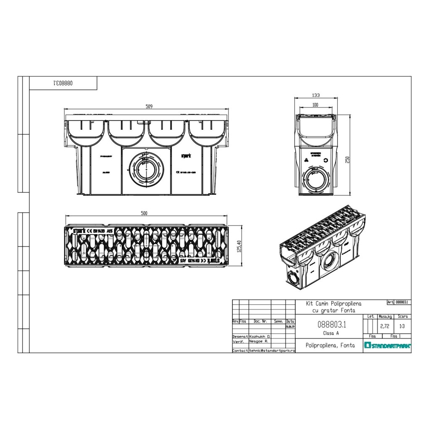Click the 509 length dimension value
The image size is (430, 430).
[149, 106]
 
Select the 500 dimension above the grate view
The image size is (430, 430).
[144, 214]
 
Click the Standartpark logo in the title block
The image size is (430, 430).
[387, 346]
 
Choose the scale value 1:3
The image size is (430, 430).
[402, 325]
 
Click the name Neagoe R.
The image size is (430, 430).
[259, 342]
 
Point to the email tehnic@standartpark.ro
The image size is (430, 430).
[272, 350]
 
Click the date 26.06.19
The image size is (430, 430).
[290, 326]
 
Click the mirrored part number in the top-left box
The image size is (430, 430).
[63, 83]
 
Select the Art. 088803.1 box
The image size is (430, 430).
[399, 302]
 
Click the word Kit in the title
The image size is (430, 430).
[311, 303]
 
